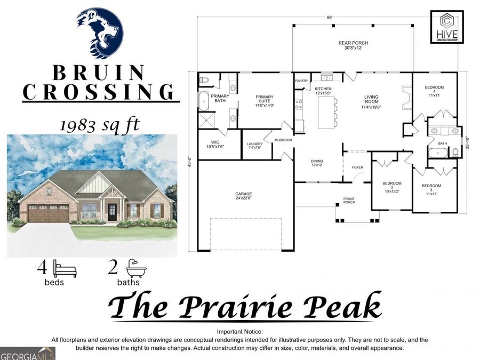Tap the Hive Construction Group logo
[447, 27]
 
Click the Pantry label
[302, 81]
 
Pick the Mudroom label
[283, 140]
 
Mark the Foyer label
[357, 167]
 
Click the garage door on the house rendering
[48, 213]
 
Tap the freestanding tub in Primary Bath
[204, 101]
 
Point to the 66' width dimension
[330, 18]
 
